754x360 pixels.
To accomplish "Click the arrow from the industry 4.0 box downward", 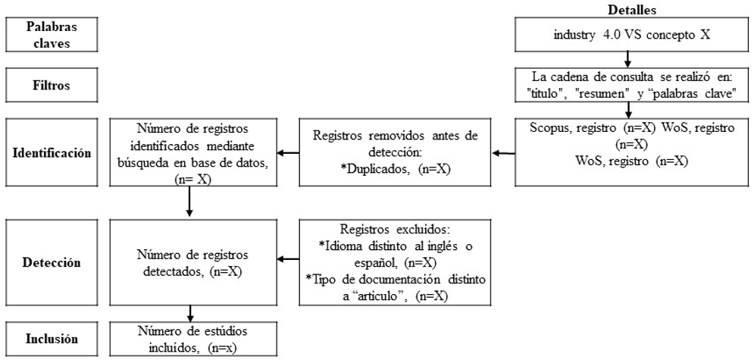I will [x=627, y=59].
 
